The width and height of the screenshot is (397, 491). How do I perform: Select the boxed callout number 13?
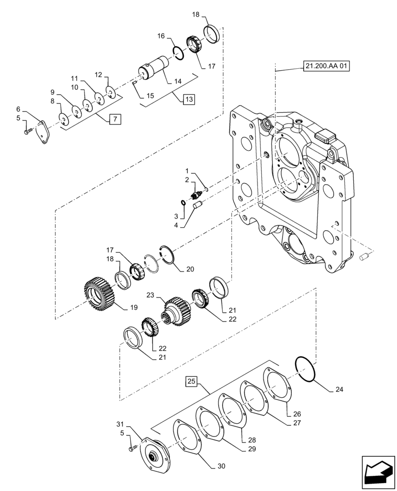(x=189, y=99)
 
